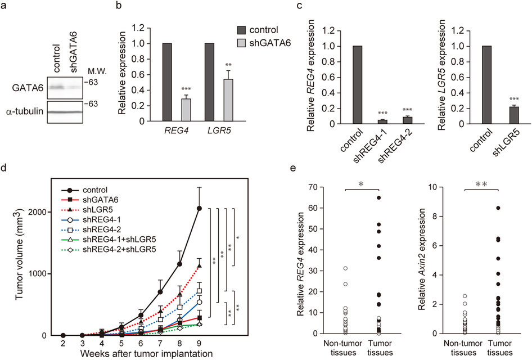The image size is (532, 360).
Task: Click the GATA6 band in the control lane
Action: click(56, 88)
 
